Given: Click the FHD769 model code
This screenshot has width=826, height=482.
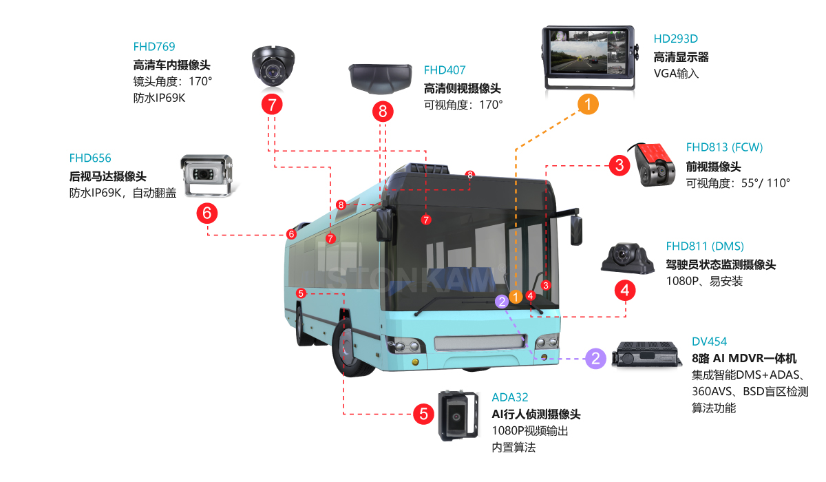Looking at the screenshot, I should (x=154, y=47).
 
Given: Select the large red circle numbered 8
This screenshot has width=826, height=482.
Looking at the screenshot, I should (x=383, y=111).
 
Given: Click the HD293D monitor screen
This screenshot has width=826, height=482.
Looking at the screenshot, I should (x=586, y=54).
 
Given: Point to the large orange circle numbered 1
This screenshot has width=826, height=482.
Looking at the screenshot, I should (x=588, y=104).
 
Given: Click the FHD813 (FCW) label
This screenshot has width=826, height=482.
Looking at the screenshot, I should (x=724, y=147).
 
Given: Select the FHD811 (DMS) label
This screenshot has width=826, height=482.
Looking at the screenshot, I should (x=705, y=246).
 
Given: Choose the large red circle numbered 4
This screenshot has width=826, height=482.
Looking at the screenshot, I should (x=625, y=291).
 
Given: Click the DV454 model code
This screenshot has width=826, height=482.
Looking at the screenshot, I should (x=709, y=342).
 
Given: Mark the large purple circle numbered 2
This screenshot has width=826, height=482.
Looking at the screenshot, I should (x=596, y=358).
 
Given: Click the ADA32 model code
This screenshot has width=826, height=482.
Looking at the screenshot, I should (x=510, y=397).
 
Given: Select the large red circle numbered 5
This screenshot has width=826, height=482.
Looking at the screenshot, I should (x=423, y=415).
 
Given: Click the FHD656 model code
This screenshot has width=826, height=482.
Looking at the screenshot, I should (x=90, y=158).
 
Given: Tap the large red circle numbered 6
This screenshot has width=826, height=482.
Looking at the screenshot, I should (x=207, y=213).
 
